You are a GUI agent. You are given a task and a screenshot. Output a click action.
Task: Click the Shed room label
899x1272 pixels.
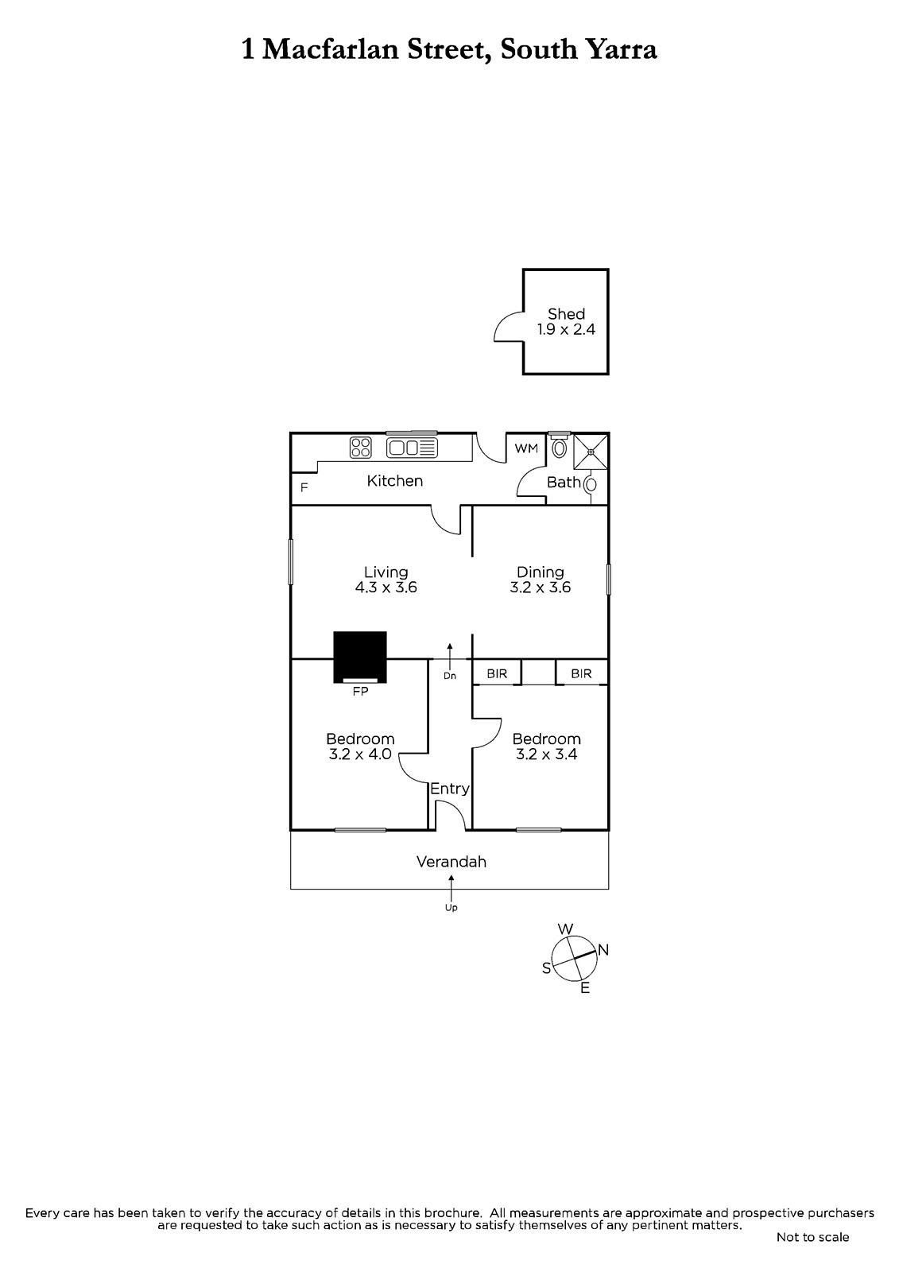coord(566,314)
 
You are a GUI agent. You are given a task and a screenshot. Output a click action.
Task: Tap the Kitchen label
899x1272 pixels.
coord(395,481)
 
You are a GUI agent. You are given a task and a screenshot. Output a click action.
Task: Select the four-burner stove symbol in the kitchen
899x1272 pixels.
coord(361,447)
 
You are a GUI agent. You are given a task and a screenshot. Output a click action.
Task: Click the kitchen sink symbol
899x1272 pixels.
coord(413,448)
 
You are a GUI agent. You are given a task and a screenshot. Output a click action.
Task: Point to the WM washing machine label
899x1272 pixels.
coord(526,448)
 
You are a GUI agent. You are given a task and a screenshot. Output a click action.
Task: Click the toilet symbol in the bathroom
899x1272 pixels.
coord(560,446)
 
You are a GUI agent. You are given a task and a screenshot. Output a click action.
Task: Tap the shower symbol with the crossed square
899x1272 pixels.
coord(591,452)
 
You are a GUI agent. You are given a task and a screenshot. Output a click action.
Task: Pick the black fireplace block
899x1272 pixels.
coord(360,657)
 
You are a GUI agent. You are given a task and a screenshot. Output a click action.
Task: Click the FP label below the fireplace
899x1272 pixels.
coord(360,691)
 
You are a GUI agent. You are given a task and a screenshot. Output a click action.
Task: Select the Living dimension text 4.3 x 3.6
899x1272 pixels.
coord(386,588)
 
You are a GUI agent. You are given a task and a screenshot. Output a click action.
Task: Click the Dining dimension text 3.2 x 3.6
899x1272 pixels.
coord(540,588)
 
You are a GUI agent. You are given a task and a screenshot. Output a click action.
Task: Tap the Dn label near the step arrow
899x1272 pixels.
coord(450,676)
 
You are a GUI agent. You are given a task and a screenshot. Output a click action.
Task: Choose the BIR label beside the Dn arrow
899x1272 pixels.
coord(497,673)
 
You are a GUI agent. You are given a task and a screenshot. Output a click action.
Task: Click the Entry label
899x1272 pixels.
coord(450,789)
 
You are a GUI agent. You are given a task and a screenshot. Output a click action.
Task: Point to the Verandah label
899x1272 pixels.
coord(451,862)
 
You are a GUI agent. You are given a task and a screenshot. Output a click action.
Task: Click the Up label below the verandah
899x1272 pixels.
coord(451,908)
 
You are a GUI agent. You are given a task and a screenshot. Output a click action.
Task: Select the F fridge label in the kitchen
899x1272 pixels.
coord(304,487)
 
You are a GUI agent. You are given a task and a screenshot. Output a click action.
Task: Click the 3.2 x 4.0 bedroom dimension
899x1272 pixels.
coord(360,754)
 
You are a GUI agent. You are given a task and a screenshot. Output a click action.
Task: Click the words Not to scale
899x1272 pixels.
coord(812,1237)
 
